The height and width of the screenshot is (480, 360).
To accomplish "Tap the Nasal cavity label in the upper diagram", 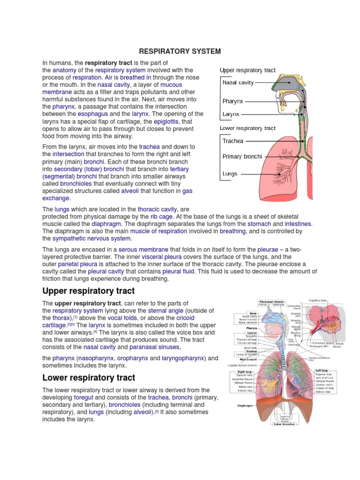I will pos(238,82).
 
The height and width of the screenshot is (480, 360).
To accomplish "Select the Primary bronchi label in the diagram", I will pos(242,157).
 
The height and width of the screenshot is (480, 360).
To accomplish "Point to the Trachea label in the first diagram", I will pos(233,141).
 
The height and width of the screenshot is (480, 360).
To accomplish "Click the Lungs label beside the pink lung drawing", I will pos(230,174).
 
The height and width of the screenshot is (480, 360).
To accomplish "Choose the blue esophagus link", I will pos(94,114).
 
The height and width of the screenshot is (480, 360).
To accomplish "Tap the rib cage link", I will pos(161,217).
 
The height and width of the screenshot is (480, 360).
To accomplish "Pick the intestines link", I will pos(298,224).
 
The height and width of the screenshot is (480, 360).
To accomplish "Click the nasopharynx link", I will pos(95,358).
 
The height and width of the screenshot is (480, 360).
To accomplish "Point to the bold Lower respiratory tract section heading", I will pos(89,378).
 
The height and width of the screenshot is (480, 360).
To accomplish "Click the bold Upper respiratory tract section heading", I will pos(89,291).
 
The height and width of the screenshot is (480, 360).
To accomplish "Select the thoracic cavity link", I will pos(157,209).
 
